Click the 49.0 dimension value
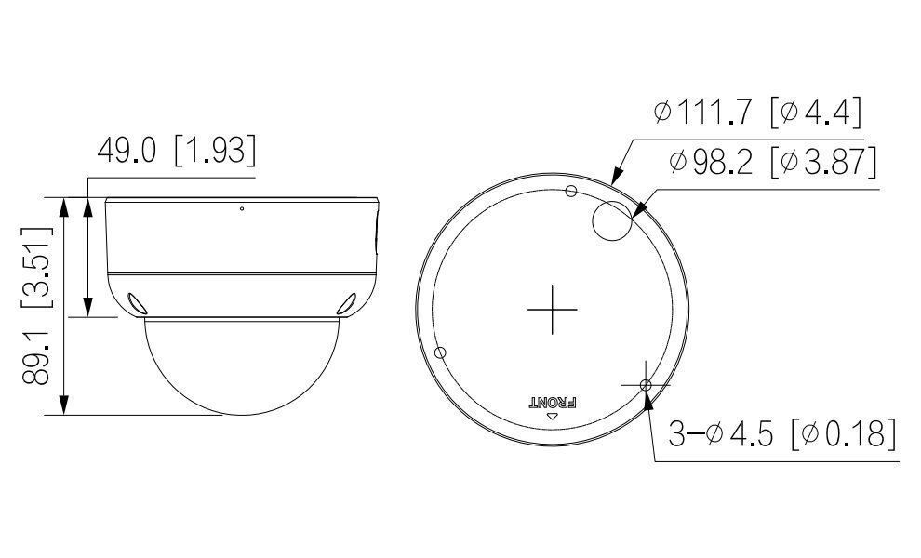127,150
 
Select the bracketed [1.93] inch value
216,151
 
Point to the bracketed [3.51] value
36,267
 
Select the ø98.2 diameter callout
711,161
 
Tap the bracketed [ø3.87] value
823,162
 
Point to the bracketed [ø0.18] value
844,434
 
